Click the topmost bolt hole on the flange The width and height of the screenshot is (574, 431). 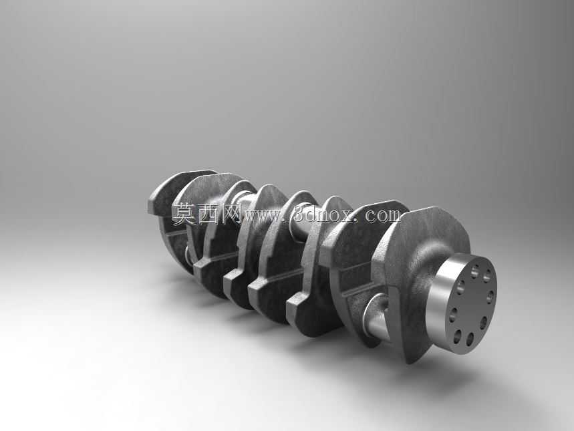pos(475,271)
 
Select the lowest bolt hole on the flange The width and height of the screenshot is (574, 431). pos(470,339)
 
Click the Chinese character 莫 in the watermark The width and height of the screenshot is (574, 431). pos(185,214)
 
